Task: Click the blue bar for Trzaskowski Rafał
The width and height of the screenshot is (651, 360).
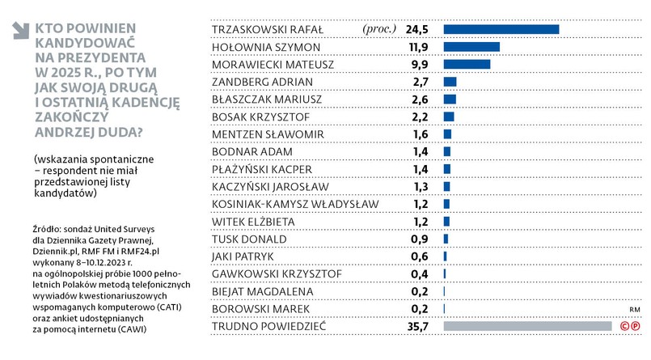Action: [x=501, y=30]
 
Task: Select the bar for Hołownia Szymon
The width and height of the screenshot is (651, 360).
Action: [x=471, y=47]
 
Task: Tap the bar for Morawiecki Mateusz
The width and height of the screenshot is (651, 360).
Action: [x=467, y=65]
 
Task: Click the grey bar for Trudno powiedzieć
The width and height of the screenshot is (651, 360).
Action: [x=527, y=327]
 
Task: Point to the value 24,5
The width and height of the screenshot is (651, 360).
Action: [x=416, y=30]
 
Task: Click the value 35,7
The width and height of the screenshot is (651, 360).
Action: [x=416, y=327]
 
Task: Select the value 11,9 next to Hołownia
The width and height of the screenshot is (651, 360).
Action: [x=416, y=47]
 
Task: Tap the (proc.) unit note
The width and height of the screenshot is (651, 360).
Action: [x=380, y=30]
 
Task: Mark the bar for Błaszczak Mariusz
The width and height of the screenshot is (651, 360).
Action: [x=450, y=100]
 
